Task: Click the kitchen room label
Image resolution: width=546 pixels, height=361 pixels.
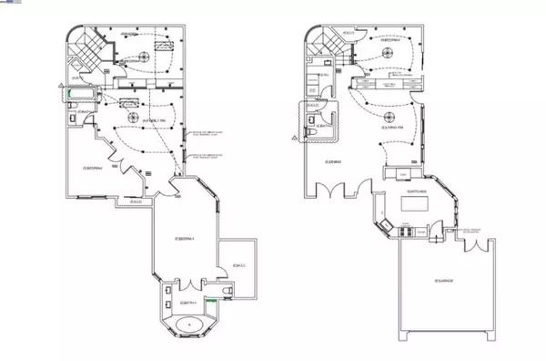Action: coord(417,191)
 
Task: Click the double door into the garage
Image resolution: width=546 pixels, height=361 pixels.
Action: coord(472,246)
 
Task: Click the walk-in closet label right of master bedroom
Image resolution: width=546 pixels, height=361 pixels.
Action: coord(239,265)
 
